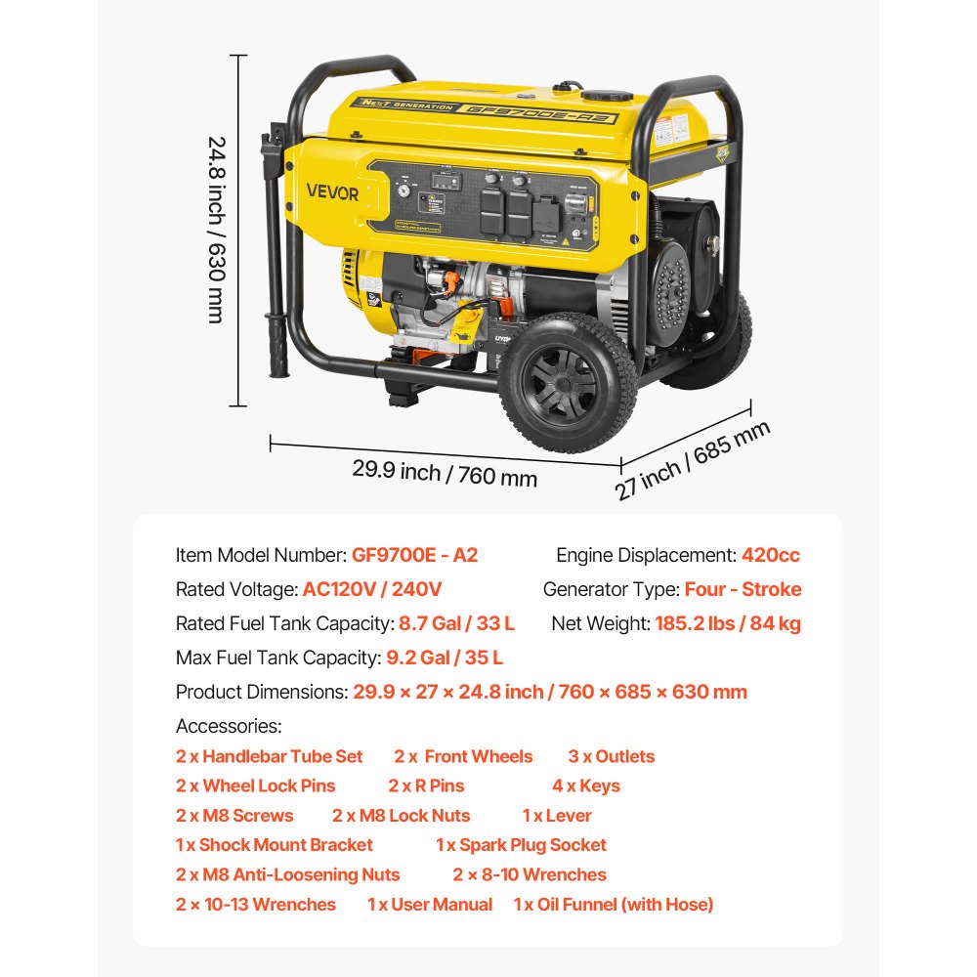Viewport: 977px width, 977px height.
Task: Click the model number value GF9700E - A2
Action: point(415,555)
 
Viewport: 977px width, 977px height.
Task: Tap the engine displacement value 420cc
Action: point(770,555)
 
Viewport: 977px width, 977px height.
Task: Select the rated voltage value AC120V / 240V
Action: point(372,589)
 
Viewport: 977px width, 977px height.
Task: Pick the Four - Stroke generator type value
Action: point(743,589)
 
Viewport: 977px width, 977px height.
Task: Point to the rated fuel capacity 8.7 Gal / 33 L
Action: point(456,623)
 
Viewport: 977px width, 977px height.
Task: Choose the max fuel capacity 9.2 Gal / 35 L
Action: point(445,658)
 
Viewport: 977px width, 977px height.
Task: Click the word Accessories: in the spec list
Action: point(229,726)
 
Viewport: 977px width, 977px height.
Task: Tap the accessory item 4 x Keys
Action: point(585,786)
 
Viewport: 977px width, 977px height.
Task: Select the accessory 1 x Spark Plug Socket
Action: point(521,845)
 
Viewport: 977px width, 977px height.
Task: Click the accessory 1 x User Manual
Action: point(430,905)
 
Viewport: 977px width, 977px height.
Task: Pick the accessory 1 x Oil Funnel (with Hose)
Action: point(614,905)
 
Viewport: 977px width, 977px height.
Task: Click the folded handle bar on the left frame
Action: point(278,254)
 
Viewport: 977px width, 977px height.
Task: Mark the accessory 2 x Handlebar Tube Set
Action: point(269,756)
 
